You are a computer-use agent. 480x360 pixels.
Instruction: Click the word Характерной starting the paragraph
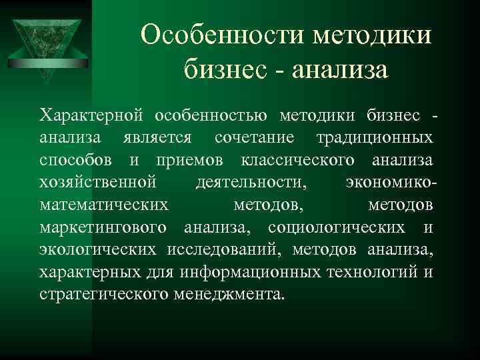click(92, 116)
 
